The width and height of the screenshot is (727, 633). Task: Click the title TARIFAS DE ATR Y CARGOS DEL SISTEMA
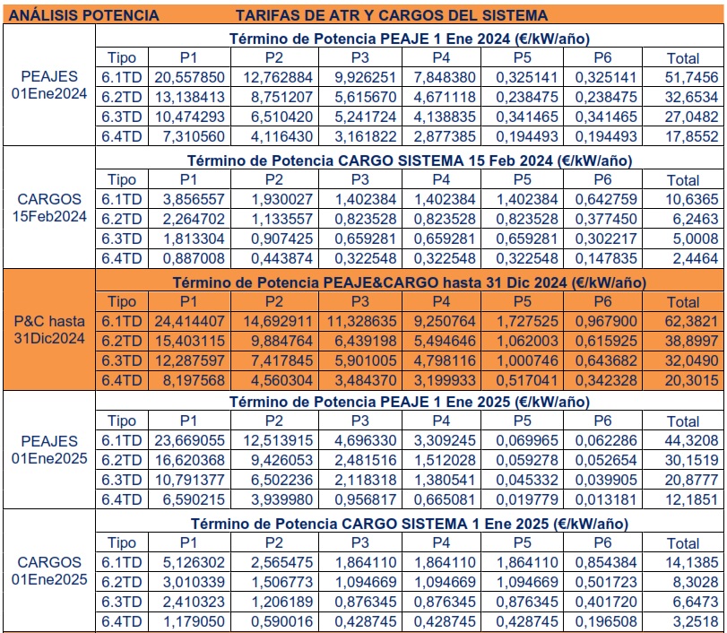392,15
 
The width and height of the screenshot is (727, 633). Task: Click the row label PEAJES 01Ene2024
50,87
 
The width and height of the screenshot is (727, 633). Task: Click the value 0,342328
602,381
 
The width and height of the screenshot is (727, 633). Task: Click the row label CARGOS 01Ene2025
50,571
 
